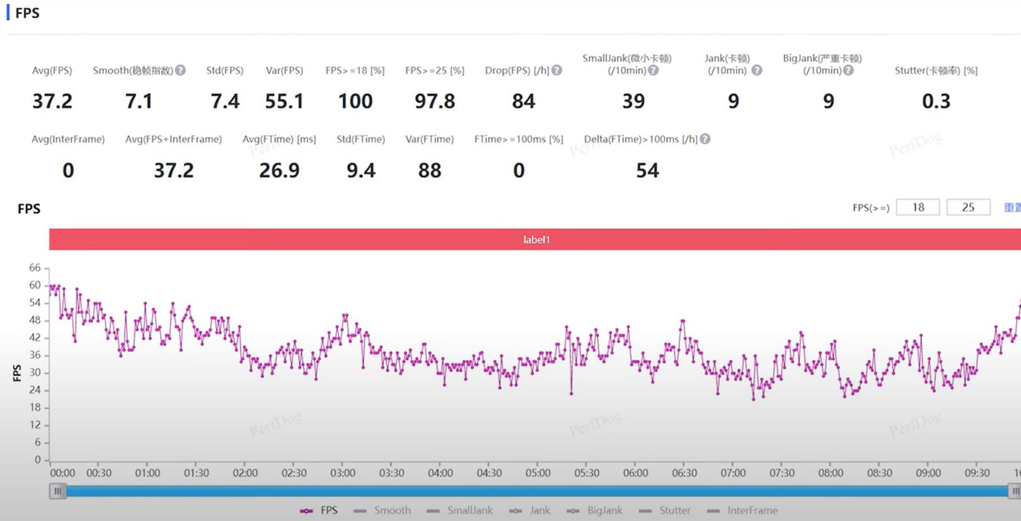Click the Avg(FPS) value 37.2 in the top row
(52, 101)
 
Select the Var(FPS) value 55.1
(284, 101)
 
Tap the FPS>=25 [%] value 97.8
(434, 101)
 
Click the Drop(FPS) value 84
(523, 101)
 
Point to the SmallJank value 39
(633, 101)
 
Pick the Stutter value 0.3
(936, 101)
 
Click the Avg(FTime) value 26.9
(279, 170)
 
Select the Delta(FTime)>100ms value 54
(647, 170)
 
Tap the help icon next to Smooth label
(180, 70)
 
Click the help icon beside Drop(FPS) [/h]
(557, 70)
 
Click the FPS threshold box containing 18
(918, 207)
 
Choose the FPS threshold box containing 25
(967, 207)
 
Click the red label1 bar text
(536, 240)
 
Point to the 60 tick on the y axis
(35, 285)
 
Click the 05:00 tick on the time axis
(538, 472)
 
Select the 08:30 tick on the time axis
(879, 472)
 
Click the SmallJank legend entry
(470, 510)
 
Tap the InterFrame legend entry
(752, 510)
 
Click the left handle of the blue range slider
(58, 491)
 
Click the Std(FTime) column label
(361, 139)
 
